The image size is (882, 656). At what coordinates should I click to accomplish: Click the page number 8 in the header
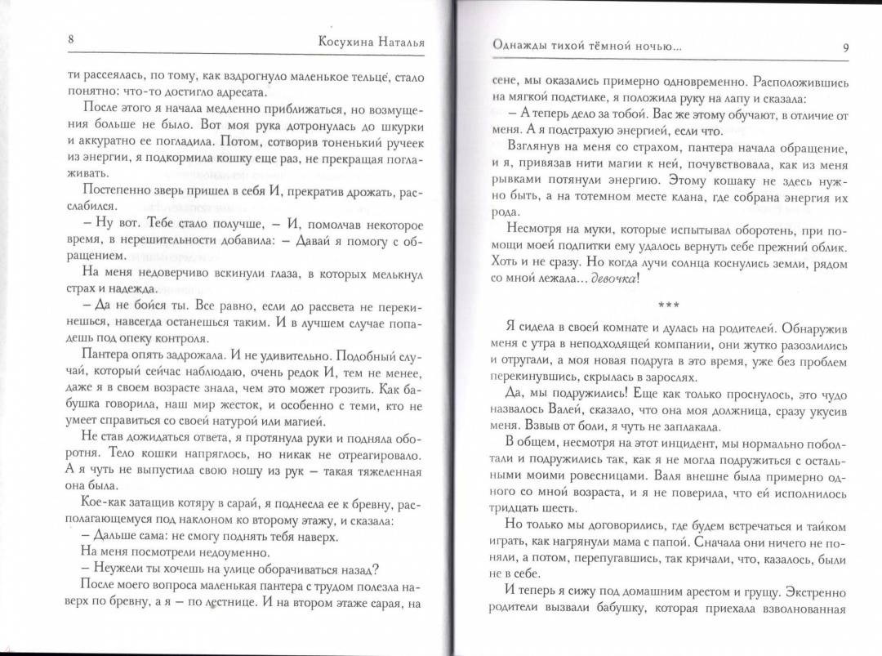pyautogui.click(x=72, y=42)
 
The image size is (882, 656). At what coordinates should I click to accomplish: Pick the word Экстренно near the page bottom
pyautogui.click(x=808, y=589)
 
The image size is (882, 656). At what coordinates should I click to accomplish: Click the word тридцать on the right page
pyautogui.click(x=510, y=503)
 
